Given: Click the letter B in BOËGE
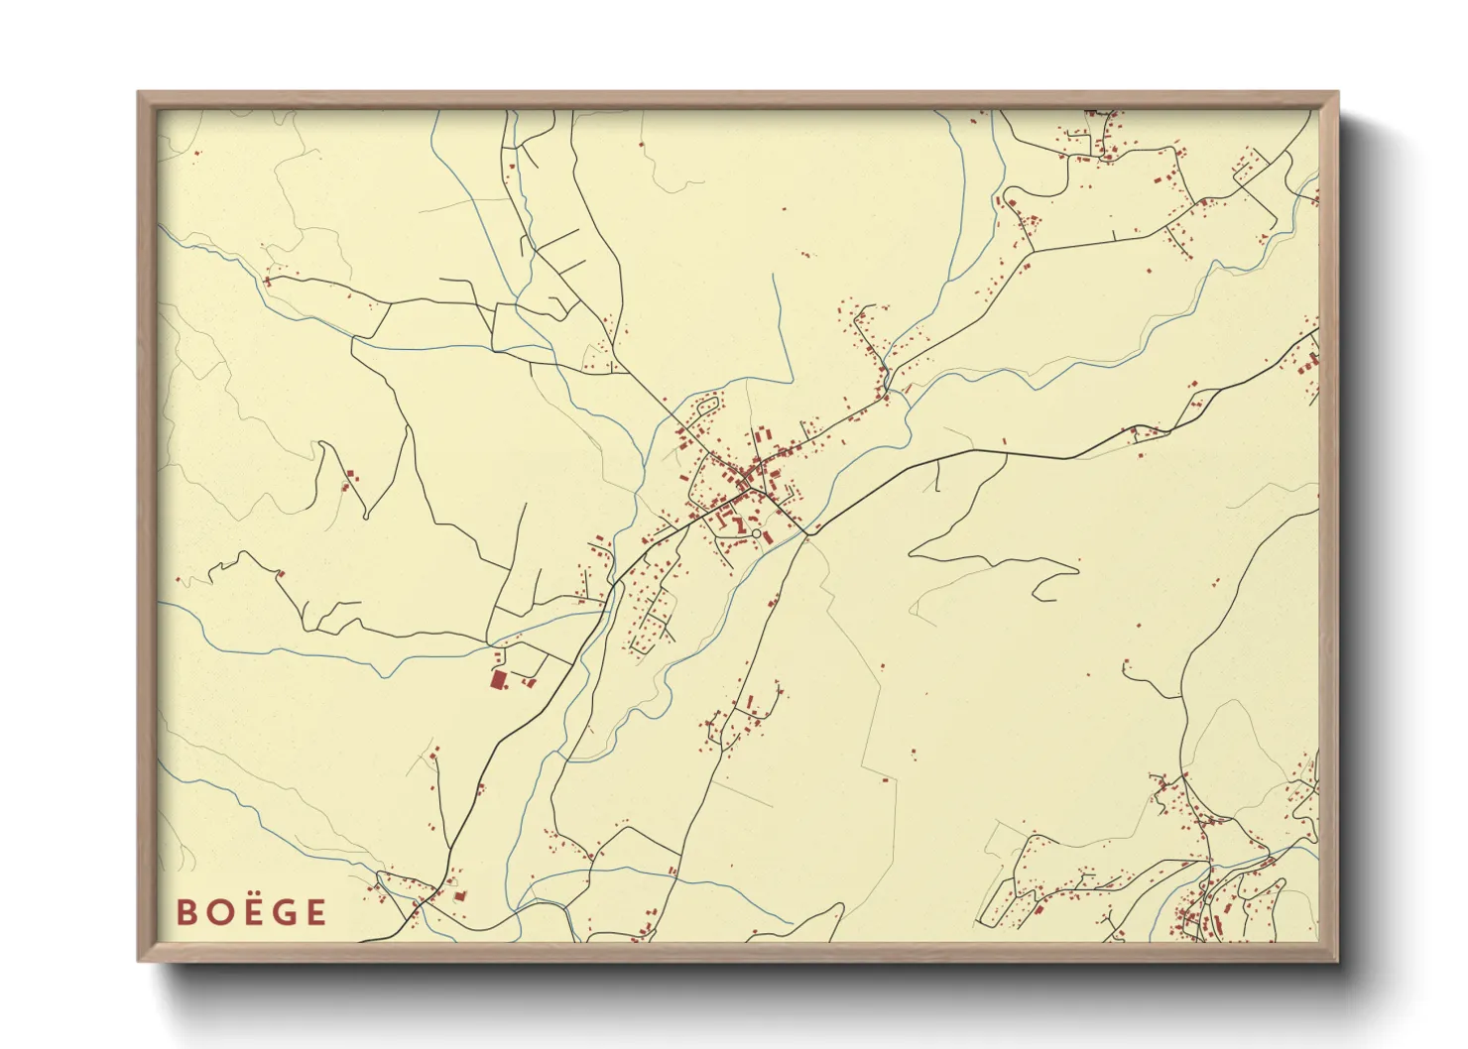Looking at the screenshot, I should coord(185,912).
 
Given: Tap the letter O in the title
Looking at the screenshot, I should coord(217,912).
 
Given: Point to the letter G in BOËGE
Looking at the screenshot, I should coord(283,912).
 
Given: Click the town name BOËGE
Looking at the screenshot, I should coord(251,912).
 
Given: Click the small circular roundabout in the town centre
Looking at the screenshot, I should coord(756,533).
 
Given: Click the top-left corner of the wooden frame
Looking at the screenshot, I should coord(140,94).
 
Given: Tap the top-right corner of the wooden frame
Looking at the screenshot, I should coord(1336,94).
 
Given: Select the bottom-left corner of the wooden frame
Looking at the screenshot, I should coord(140,959).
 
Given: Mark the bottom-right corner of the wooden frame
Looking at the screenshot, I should coord(1336,959).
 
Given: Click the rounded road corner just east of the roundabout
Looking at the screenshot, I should coord(806,533).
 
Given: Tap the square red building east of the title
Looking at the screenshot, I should coord(460,895).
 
